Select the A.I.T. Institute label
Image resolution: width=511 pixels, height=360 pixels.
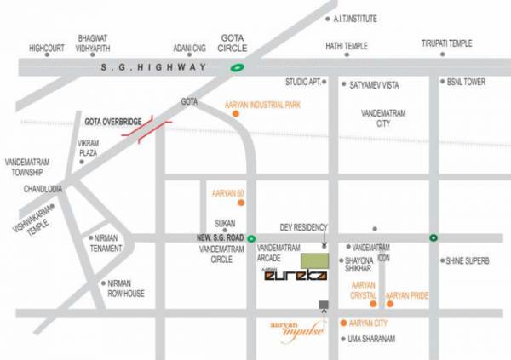pos(357,19)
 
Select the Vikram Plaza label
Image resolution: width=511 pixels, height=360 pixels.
pos(88,147)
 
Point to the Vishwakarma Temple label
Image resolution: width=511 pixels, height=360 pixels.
pos(32,218)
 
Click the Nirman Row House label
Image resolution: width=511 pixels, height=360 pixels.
pos(123,289)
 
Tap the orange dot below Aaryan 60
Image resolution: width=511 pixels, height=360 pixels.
pos(242,203)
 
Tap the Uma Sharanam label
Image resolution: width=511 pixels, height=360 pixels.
pos(372,339)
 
